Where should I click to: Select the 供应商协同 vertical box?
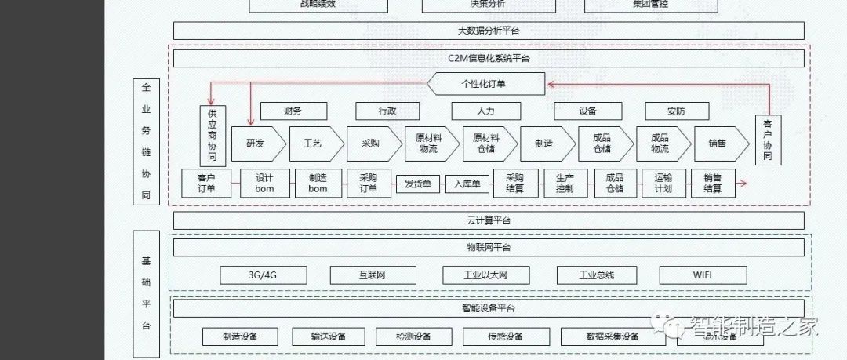[212, 136]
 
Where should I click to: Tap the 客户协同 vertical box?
[767, 140]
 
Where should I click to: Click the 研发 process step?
[255, 144]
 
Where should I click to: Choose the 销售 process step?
[716, 144]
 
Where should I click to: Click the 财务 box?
[293, 111]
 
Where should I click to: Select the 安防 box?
[676, 111]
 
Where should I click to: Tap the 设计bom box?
[264, 184]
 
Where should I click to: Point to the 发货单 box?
[418, 184]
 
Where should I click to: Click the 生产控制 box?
[565, 184]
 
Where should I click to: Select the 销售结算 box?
[712, 184]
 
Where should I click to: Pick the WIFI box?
[703, 275]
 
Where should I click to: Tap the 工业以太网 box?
[485, 275]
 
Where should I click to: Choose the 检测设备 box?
[413, 336]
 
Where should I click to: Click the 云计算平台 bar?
[488, 220]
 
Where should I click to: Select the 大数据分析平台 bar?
[488, 31]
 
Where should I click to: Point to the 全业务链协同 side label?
[146, 141]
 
